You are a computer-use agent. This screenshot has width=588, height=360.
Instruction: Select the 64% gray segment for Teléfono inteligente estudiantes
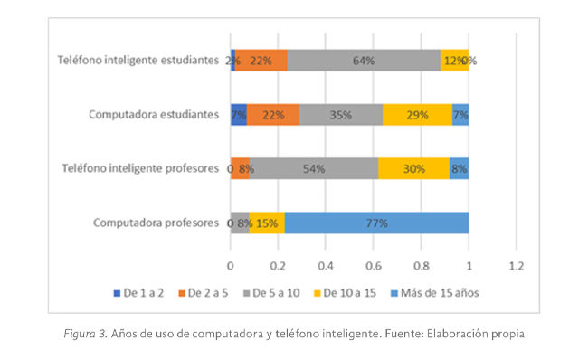(x=365, y=61)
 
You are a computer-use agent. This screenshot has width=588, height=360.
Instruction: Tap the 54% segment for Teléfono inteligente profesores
(x=314, y=169)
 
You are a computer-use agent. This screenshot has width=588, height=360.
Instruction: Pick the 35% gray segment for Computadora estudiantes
(x=341, y=115)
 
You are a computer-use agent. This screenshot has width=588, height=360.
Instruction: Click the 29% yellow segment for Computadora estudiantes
(x=417, y=115)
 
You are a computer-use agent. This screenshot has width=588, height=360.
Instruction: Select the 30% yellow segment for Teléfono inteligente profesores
(x=413, y=169)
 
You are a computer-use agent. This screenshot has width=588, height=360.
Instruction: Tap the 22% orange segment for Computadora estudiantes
(x=273, y=115)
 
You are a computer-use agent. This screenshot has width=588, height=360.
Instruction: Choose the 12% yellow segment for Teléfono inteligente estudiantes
(x=453, y=61)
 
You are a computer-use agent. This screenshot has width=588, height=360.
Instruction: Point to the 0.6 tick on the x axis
(x=374, y=266)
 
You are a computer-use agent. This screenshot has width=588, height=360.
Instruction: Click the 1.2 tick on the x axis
(x=517, y=266)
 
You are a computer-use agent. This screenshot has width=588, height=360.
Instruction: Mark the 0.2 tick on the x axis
(x=278, y=266)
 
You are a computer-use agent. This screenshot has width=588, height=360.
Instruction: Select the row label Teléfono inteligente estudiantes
(x=138, y=61)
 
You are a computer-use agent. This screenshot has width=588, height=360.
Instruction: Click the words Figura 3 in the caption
(x=83, y=334)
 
